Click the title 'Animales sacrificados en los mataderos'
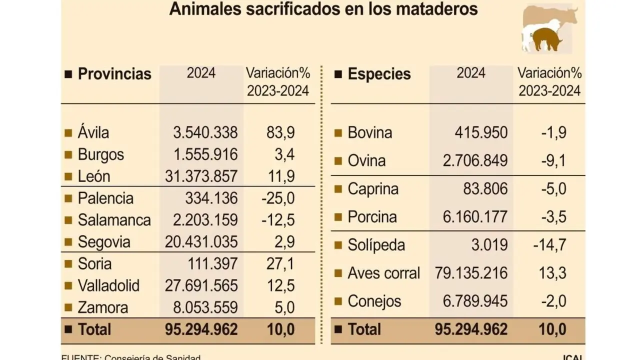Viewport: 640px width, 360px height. pos(323,9)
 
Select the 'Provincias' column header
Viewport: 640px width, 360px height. pos(114,74)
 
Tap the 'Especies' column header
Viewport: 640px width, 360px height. pos(379,74)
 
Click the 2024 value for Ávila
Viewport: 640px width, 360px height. pos(205,133)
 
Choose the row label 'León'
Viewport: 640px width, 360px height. pos(94,176)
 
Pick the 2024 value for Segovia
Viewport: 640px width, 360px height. pos(201,242)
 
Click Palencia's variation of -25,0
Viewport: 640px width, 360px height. pos(278,198)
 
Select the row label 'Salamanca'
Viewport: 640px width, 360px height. pos(114,220)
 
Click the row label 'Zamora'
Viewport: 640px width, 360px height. pos(103,308)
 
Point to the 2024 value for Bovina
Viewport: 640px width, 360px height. pos(481,133)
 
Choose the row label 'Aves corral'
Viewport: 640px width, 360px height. pos(384,273)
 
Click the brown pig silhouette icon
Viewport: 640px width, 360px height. pos(546,39)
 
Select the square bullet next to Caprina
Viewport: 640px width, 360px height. pos(338,189)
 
